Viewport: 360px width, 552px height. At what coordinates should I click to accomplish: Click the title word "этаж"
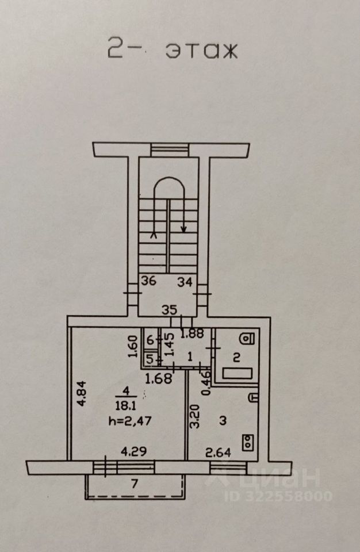point(201,51)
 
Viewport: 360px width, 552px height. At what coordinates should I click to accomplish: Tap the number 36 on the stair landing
point(148,281)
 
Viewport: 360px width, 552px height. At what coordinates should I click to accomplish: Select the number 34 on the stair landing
point(185,282)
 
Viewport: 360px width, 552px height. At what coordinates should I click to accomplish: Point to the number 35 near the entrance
point(169,310)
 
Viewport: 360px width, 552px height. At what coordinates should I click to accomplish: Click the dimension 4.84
point(82,393)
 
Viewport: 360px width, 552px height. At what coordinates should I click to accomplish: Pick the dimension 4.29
point(133,451)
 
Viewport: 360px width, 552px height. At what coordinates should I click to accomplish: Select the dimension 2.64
point(219,453)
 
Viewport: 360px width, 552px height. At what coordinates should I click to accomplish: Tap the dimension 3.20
point(195,416)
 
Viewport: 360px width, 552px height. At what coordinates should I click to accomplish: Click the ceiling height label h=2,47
point(130,421)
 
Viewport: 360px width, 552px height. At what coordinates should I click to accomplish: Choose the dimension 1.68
point(159,378)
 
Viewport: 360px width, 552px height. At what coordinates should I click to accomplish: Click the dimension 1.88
point(192,333)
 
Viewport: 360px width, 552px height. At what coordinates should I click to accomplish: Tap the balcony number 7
point(134,484)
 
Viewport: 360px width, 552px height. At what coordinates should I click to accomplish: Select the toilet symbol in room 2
point(247,339)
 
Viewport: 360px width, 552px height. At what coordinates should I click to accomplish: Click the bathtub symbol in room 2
point(237,374)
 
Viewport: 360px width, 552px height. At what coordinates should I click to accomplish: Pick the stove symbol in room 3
point(248,442)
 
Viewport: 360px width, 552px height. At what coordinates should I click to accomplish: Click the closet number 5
point(150,359)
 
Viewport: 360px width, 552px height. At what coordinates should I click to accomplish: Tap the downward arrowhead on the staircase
point(183,229)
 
